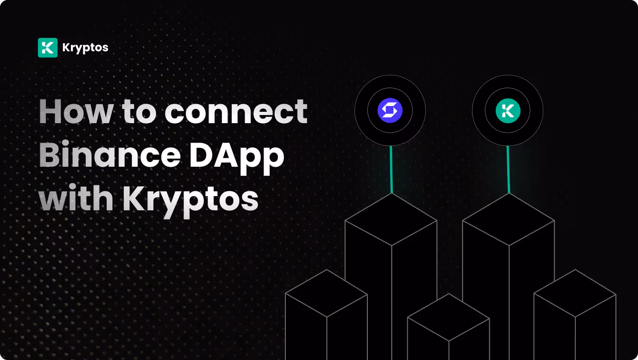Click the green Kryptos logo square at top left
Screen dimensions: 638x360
point(47,48)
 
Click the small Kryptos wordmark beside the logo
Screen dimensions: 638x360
point(85,48)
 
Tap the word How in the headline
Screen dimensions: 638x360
point(76,112)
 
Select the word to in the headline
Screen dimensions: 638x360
point(139,112)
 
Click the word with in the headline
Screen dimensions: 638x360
point(76,199)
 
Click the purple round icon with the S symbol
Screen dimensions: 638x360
point(390,111)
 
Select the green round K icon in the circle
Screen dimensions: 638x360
point(508,111)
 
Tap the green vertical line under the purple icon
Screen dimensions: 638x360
point(391,169)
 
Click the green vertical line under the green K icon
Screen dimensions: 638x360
point(508,169)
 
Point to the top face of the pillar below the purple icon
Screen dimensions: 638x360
point(391,219)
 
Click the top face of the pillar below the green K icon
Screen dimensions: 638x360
point(508,219)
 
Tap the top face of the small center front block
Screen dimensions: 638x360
point(448,317)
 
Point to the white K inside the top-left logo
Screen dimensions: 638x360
point(47,48)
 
